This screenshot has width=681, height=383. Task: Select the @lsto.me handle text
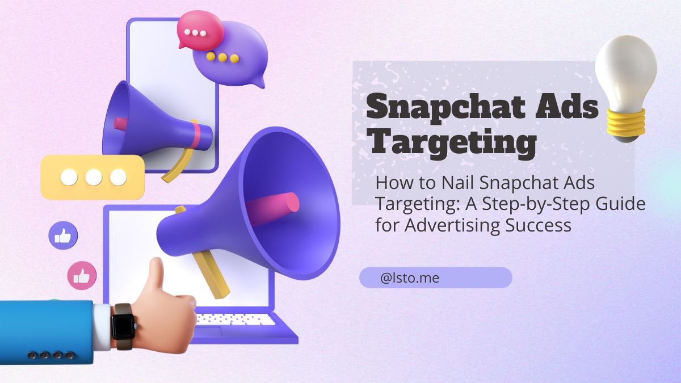click(x=410, y=278)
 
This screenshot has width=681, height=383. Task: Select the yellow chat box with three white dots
click(x=93, y=177)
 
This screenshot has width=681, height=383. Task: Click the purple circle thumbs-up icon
click(x=63, y=235)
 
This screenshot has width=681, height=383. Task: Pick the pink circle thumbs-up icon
click(x=82, y=276)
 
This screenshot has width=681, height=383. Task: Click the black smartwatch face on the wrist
click(x=123, y=327)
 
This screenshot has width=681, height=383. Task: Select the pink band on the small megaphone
click(x=196, y=134)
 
